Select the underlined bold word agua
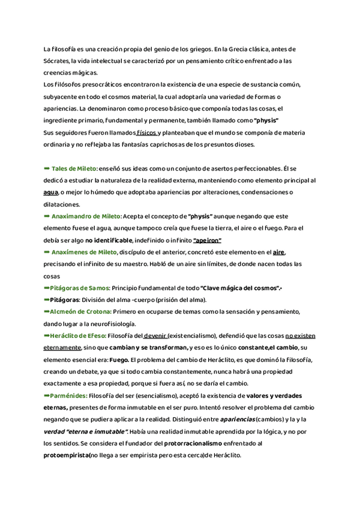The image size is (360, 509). click(x=51, y=192)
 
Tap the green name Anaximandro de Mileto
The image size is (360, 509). click(x=86, y=215)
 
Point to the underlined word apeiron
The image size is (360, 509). click(x=207, y=240)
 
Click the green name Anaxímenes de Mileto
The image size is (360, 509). click(x=84, y=252)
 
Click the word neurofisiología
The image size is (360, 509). click(x=102, y=324)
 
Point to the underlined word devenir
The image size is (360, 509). click(x=155, y=336)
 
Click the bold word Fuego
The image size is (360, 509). click(x=111, y=360)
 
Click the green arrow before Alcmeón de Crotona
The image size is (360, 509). click(x=47, y=312)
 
